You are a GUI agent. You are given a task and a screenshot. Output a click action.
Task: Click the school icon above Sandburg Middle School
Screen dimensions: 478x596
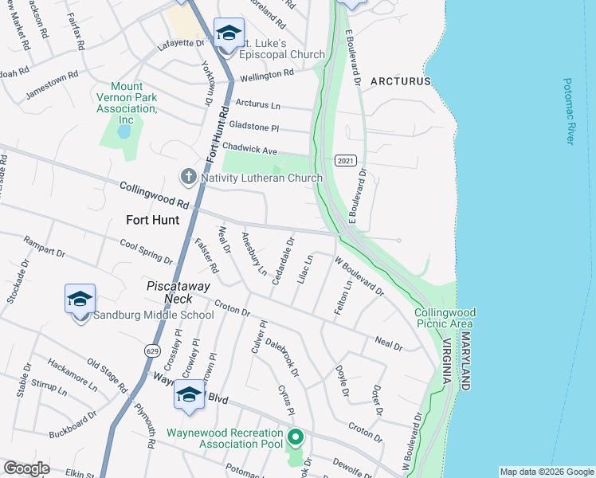[80, 300]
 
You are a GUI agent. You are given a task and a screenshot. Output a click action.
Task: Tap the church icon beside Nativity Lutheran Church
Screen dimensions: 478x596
[188, 176]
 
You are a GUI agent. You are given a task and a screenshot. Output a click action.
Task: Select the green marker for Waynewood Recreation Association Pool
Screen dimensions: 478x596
[296, 437]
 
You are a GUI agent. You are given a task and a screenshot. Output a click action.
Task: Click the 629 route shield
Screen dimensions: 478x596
[151, 350]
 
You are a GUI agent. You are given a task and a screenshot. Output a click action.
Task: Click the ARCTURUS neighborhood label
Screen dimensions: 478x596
[399, 81]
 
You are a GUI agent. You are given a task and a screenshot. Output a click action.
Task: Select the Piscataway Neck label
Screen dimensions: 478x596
[176, 292]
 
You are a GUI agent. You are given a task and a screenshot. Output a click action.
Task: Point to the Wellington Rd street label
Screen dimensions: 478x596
[268, 75]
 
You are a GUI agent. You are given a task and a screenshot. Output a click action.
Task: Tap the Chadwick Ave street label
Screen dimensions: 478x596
[249, 149]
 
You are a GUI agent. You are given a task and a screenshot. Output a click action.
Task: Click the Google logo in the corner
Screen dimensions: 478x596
[26, 468]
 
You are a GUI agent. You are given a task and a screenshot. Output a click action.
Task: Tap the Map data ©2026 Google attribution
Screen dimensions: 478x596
[546, 472]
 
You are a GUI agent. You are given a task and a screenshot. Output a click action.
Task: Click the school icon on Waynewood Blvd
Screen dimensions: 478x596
[190, 394]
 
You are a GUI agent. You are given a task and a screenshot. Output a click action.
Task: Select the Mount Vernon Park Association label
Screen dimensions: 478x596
[127, 103]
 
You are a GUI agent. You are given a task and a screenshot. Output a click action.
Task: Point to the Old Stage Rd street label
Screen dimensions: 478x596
[108, 376]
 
